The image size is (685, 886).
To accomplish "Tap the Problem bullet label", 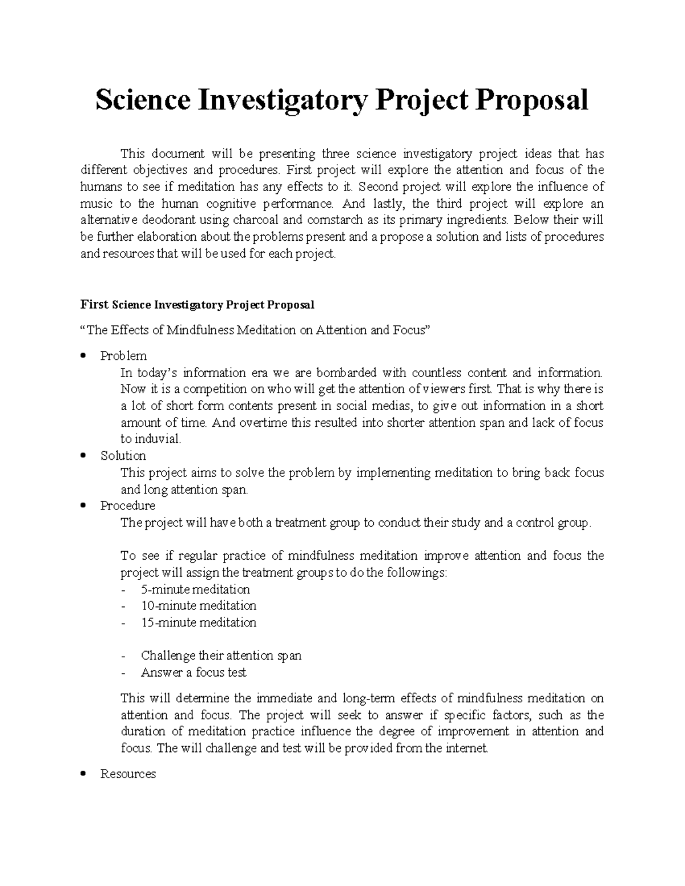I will pyautogui.click(x=123, y=356).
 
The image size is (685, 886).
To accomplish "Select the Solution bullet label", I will pyautogui.click(x=123, y=456).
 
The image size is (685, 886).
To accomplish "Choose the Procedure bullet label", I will pyautogui.click(x=127, y=505).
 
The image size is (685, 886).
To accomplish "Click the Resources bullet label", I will pyautogui.click(x=128, y=774).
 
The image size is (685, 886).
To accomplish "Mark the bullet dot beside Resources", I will pyautogui.click(x=83, y=774).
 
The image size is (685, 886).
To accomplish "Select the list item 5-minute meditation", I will pyautogui.click(x=195, y=589).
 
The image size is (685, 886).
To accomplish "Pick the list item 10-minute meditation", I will pyautogui.click(x=199, y=605).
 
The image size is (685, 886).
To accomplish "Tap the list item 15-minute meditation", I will pyautogui.click(x=199, y=622).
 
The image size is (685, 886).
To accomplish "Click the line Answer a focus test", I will pyautogui.click(x=194, y=673).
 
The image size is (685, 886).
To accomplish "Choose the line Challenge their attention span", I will pyautogui.click(x=221, y=656).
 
